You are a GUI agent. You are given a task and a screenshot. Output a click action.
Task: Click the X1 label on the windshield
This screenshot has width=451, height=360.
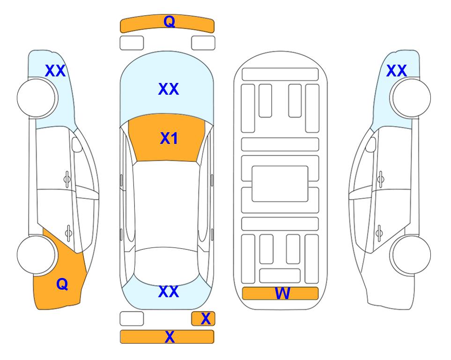[169, 138]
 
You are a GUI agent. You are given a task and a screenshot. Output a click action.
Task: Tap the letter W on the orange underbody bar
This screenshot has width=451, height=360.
[282, 293]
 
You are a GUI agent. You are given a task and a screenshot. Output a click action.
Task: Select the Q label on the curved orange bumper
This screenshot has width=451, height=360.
[169, 21]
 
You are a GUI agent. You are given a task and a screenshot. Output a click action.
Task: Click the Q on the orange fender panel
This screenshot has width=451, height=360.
[62, 284]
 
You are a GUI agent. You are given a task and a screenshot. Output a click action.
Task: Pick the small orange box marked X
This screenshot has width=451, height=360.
[203, 319]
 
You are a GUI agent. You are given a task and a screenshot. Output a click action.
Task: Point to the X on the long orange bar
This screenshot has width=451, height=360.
[170, 337]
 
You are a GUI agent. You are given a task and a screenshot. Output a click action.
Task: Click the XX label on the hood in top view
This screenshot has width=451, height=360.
[169, 89]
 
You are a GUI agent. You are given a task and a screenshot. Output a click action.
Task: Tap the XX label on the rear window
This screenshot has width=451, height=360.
[169, 292]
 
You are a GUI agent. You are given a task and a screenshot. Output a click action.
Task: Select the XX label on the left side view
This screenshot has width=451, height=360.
[56, 71]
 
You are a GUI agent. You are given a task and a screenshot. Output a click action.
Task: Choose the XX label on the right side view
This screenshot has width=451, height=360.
[397, 71]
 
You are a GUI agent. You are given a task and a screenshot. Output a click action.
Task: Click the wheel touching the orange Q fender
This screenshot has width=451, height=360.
[37, 255]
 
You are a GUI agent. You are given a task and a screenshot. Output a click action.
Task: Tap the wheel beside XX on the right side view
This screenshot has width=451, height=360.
[410, 98]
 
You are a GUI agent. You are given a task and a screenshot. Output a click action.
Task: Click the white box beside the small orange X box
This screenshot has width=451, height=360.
[132, 319]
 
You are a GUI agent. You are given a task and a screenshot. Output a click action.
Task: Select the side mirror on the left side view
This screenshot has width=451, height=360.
[77, 144]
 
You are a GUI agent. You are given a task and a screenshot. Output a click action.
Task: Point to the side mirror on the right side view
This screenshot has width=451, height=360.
[371, 144]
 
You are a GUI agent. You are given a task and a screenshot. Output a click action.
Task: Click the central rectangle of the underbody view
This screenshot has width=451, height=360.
[280, 184]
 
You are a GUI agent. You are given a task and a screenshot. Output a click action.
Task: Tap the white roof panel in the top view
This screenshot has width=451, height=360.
[167, 204]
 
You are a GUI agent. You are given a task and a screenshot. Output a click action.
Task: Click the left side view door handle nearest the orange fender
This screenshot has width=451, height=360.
[68, 232]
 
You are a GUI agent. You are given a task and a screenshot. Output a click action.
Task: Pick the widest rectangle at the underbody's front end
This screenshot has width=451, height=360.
[280, 75]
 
